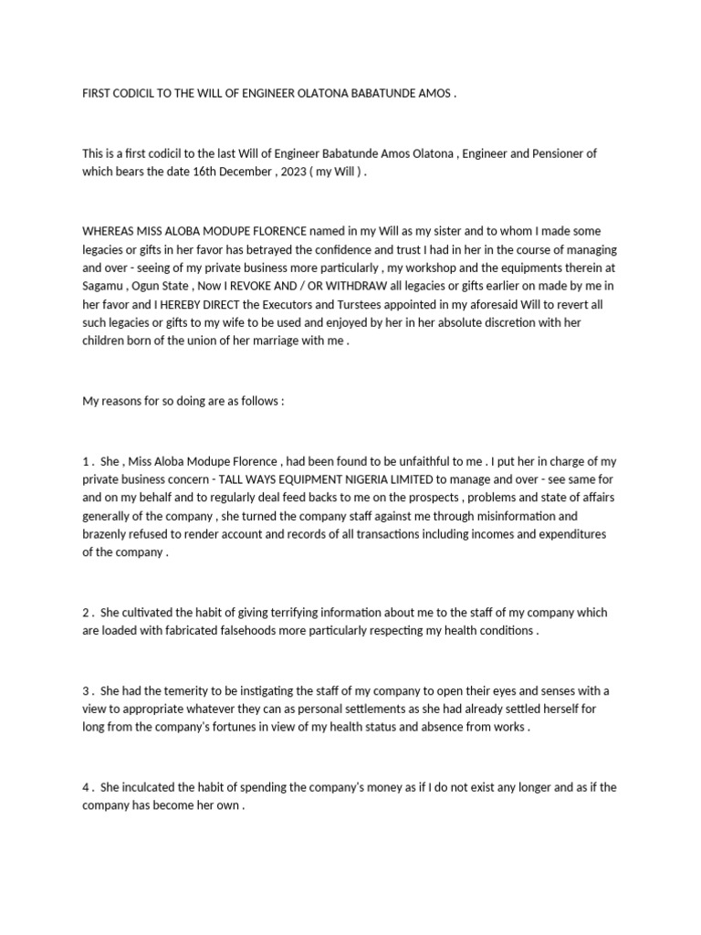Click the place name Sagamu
pyautogui.click(x=102, y=287)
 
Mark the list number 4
pyautogui.click(x=85, y=786)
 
